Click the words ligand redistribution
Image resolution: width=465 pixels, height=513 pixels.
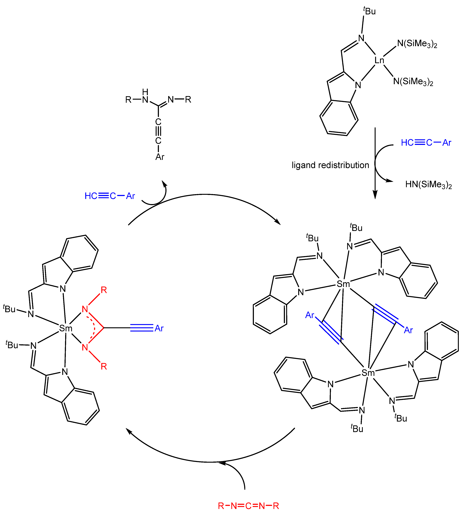click(330, 165)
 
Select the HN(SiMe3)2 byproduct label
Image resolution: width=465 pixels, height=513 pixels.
click(428, 184)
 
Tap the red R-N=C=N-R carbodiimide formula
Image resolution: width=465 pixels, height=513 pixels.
click(248, 506)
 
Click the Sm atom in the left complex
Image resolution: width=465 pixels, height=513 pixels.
click(66, 328)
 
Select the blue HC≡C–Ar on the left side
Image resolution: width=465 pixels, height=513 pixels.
click(110, 196)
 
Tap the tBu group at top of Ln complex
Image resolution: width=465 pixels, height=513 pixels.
click(369, 11)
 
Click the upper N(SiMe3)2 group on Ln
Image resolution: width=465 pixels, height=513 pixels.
click(417, 44)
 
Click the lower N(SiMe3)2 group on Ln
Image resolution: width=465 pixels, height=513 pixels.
click(413, 82)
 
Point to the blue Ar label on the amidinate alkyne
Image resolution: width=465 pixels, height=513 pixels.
click(159, 328)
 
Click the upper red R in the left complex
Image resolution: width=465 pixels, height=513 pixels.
click(104, 290)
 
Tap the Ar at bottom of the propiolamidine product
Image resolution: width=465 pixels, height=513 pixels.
click(160, 157)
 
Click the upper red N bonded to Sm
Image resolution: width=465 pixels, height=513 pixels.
click(85, 309)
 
